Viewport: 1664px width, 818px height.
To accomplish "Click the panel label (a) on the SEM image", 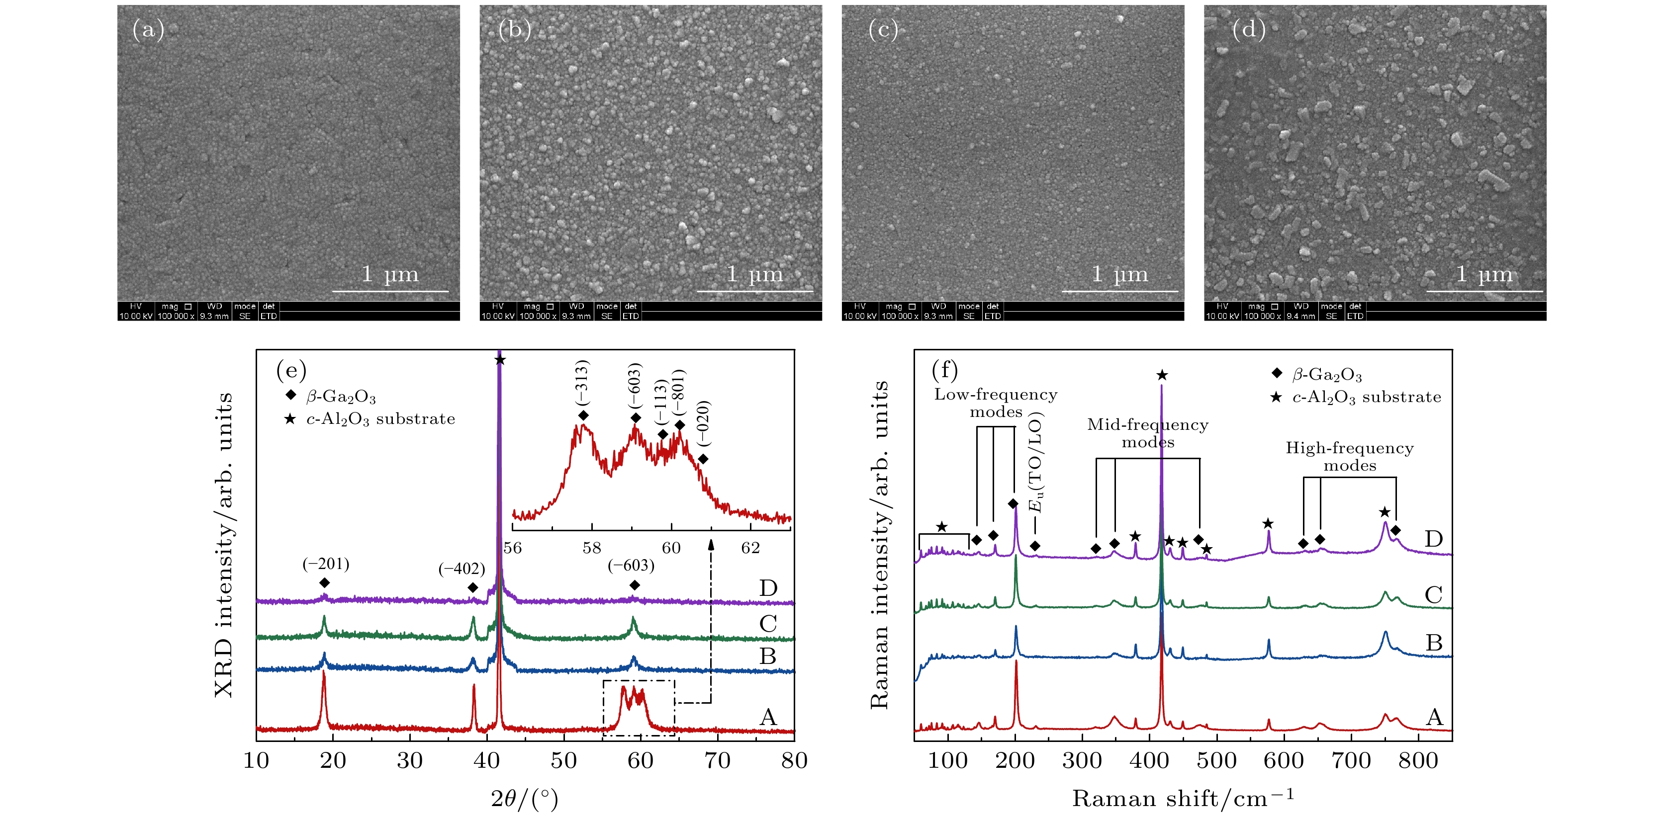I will click(148, 30).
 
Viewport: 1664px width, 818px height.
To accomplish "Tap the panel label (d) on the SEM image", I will click(1248, 30).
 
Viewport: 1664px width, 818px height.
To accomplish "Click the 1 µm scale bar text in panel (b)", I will click(754, 274).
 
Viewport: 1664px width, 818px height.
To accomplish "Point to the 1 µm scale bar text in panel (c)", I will click(1119, 274).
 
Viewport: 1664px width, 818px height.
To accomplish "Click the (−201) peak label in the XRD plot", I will click(326, 564).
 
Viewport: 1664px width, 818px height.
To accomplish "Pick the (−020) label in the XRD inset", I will click(704, 423).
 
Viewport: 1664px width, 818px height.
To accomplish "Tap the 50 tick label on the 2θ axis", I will click(563, 760).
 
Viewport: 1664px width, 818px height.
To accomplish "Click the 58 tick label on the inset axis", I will click(591, 548).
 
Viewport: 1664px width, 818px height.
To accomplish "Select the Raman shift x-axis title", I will click(1184, 798).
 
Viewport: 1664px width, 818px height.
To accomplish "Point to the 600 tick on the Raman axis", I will click(1283, 760).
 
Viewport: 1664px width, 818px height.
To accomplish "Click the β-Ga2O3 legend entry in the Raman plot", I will click(1326, 374).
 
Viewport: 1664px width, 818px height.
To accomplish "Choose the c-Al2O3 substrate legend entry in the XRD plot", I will click(380, 419).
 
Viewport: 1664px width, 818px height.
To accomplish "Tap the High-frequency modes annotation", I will click(1349, 456).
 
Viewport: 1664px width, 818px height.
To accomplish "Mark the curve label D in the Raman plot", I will click(1433, 538).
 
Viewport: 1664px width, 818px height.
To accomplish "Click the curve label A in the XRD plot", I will click(767, 717).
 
